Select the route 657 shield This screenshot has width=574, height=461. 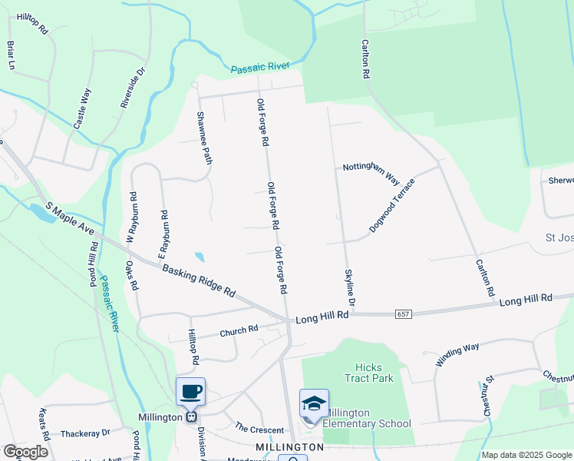pos(404,314)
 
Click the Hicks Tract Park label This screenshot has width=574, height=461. pos(374,373)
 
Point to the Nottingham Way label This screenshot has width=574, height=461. pos(371,173)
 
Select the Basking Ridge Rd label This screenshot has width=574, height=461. pos(198,280)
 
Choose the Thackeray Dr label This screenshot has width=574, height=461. pos(85,433)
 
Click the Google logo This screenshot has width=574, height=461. pos(25,452)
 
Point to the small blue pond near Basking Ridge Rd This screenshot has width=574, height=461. pos(200,257)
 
